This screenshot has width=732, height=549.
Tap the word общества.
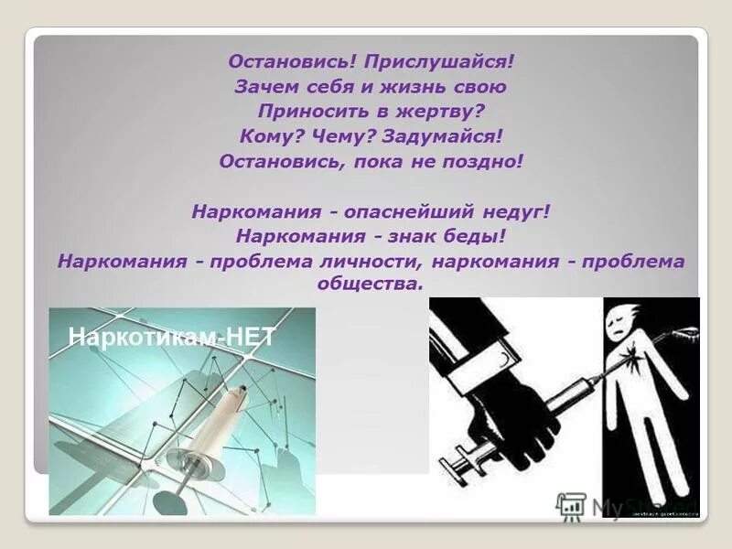[x=371, y=284]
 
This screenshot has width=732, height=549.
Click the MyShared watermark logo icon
[x=572, y=506]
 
